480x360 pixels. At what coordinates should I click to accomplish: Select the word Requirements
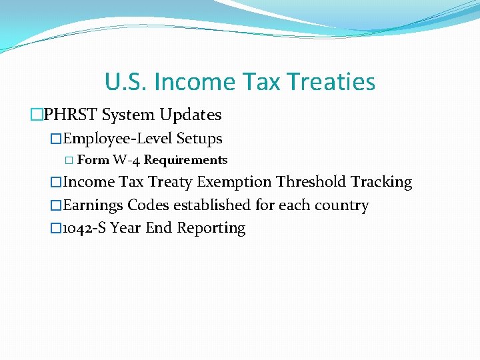(185, 160)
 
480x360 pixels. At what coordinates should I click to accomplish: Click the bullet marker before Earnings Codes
(56, 205)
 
